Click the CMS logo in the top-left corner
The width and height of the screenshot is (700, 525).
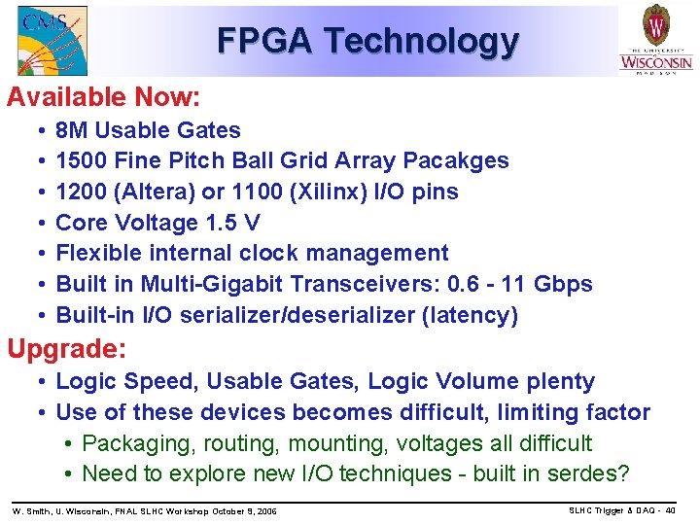point(52,40)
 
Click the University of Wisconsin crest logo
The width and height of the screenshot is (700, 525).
point(656,39)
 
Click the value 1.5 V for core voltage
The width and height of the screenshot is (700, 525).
point(233,223)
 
